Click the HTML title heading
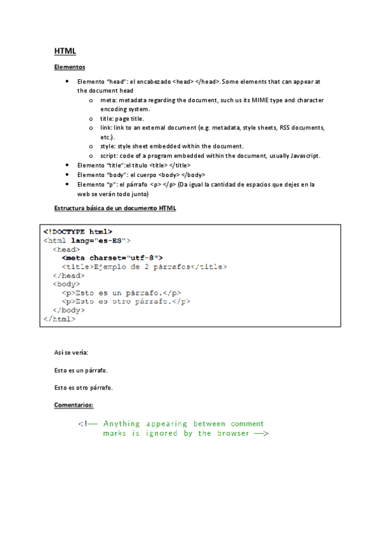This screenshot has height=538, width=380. pos(65,51)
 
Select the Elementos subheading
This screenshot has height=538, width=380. pos(70,68)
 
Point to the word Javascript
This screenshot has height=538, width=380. pos(305,155)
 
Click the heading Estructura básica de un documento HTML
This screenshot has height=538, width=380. pos(115,208)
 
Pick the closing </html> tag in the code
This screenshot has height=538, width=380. pos(59,319)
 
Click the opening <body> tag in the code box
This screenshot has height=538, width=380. pos(66,284)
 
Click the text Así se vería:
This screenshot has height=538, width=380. pos(71,352)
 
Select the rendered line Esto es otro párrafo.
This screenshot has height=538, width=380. pos(88,387)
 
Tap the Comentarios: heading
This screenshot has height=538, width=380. pos(74,404)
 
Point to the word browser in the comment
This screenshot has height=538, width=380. pos(234,433)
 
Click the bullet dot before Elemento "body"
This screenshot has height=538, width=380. pos(67,174)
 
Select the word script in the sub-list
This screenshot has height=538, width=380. pos(108,155)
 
